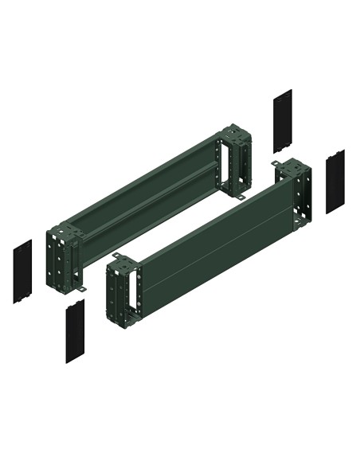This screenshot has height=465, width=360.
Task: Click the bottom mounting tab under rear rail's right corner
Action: (240, 195)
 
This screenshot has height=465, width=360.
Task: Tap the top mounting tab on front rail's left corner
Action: (117, 256)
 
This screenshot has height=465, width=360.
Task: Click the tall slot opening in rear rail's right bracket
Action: (237, 158)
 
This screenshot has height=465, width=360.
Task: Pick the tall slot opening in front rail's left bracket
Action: (122, 291)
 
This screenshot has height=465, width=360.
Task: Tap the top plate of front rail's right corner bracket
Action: (293, 168)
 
